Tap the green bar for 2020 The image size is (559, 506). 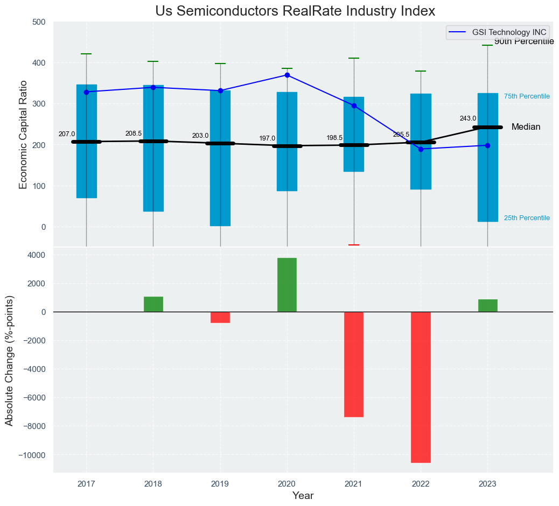tap(287, 285)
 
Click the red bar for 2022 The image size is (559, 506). tap(421, 387)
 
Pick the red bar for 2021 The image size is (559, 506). tap(354, 364)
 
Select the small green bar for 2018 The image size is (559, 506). tap(153, 304)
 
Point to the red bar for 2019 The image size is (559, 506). tap(220, 317)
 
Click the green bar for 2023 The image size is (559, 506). tap(488, 306)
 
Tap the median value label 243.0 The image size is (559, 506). tap(467, 118)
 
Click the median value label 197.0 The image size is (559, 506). tap(267, 138)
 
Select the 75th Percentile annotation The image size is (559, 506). tap(527, 96)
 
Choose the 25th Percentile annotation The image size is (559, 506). tap(527, 218)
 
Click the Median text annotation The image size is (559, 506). tap(526, 127)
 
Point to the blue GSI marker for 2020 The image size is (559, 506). tap(287, 75)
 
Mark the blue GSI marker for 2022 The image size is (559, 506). tap(421, 149)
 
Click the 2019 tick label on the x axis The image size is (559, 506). tap(220, 483)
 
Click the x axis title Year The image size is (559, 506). tap(303, 496)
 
